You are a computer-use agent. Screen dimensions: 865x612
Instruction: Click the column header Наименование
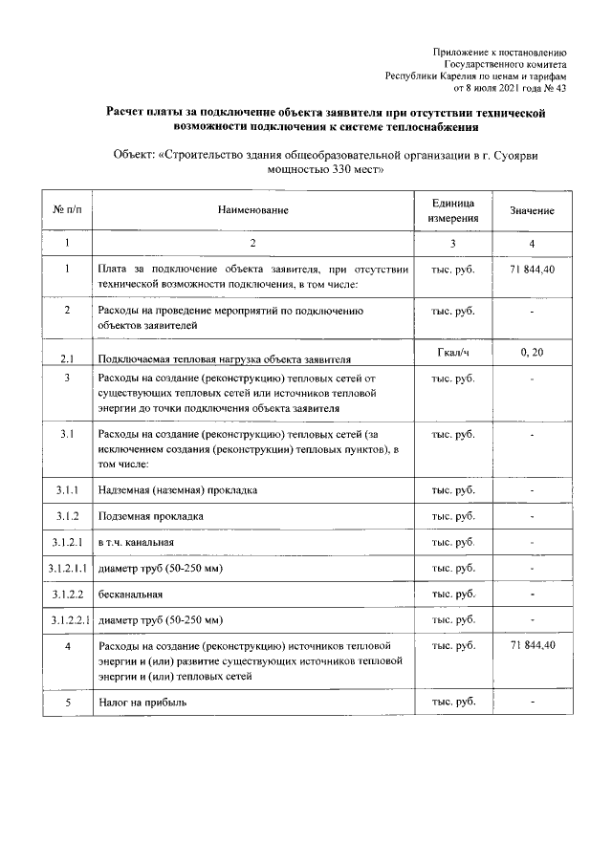(x=252, y=209)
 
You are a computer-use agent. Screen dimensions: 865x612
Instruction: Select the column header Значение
(x=533, y=209)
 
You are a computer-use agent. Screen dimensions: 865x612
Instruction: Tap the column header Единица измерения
(x=452, y=209)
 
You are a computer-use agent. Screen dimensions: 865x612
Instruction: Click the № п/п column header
(x=67, y=209)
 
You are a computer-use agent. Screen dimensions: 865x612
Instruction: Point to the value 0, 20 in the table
(x=533, y=354)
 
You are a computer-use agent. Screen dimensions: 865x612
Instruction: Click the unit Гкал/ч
(x=452, y=354)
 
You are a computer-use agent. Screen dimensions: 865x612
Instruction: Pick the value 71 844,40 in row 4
(x=533, y=646)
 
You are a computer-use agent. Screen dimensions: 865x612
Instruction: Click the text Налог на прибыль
(x=142, y=703)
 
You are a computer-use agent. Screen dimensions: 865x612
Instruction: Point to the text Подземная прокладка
(x=151, y=516)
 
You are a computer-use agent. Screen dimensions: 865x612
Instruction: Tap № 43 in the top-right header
(x=556, y=89)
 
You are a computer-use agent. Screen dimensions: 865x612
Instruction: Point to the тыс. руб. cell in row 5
(x=452, y=703)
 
